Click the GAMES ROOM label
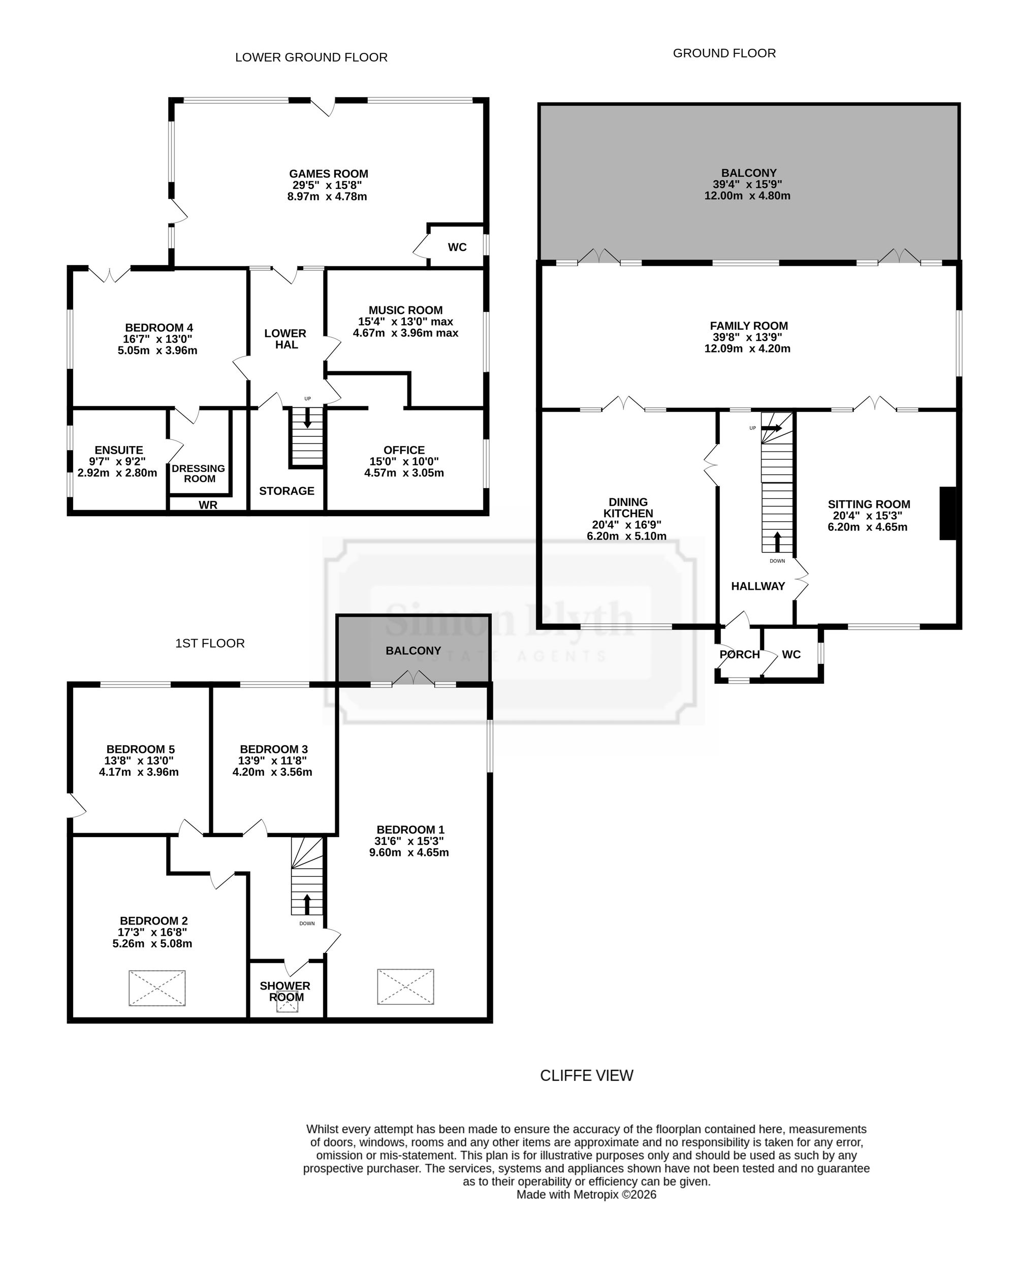(328, 174)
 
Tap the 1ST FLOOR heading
(210, 643)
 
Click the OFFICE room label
(404, 450)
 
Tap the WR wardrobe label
(208, 505)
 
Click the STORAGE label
(287, 491)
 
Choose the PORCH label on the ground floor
(739, 654)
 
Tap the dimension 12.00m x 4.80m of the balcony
(747, 196)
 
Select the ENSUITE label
(119, 450)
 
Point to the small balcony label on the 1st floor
(413, 651)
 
